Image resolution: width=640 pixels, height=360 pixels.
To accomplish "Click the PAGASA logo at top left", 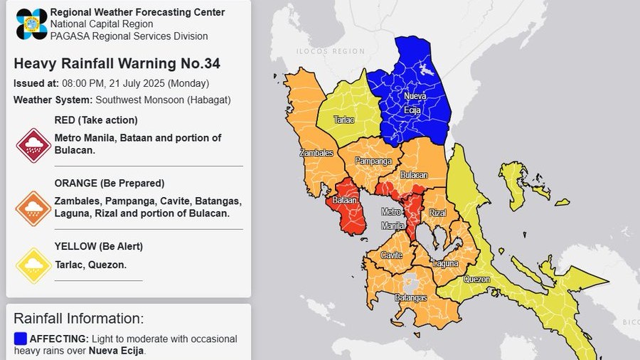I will click(31, 24).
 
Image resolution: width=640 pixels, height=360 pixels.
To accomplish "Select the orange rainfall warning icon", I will click(33, 208).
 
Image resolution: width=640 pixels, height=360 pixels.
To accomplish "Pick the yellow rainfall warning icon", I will click(33, 266).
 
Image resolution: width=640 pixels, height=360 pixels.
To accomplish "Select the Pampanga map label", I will click(373, 162).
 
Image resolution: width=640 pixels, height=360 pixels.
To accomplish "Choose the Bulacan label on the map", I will click(414, 174).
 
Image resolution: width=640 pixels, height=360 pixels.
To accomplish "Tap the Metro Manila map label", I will click(391, 218).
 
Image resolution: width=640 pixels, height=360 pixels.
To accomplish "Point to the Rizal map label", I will click(437, 213).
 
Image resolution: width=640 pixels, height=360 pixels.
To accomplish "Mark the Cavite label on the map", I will click(392, 255).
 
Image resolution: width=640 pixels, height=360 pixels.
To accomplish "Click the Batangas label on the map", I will click(410, 297).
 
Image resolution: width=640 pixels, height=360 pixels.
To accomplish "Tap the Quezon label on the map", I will click(476, 279).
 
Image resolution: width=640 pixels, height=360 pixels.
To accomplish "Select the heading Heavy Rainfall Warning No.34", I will click(117, 63).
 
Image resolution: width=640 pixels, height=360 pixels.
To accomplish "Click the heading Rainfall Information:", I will click(78, 318).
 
